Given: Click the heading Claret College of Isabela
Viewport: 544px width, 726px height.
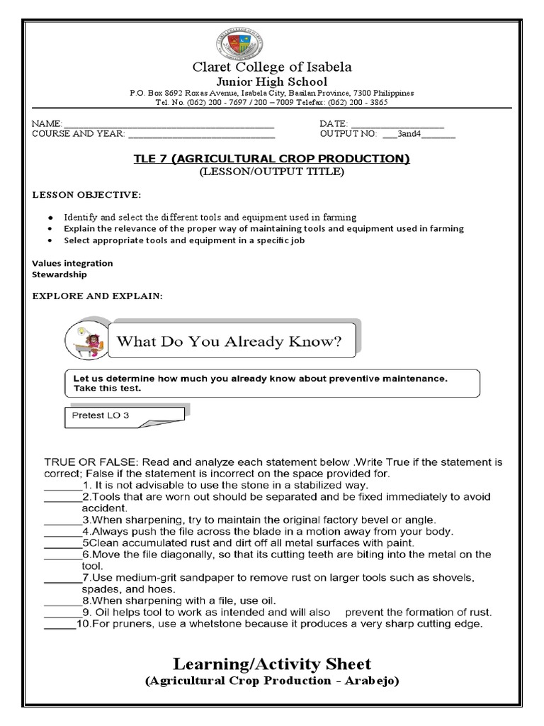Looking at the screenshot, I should [x=272, y=67].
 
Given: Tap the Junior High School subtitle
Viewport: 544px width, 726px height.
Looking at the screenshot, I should [x=272, y=82].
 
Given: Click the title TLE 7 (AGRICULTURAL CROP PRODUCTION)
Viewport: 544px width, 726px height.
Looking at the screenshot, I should [x=272, y=158].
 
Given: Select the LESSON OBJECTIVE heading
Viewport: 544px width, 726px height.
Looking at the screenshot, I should [x=86, y=194].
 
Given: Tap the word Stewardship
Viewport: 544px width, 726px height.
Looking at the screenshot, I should [x=59, y=274].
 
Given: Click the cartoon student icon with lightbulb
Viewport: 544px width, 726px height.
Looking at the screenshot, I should [x=86, y=341].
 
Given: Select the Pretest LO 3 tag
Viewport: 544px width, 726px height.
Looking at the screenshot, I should [x=102, y=415].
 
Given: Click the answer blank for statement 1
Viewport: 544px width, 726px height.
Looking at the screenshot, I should [x=62, y=486].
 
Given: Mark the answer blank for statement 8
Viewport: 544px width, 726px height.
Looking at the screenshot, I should [x=62, y=601].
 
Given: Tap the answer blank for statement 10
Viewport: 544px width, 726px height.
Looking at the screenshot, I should [x=60, y=625].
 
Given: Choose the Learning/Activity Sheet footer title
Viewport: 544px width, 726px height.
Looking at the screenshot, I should [x=272, y=664].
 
